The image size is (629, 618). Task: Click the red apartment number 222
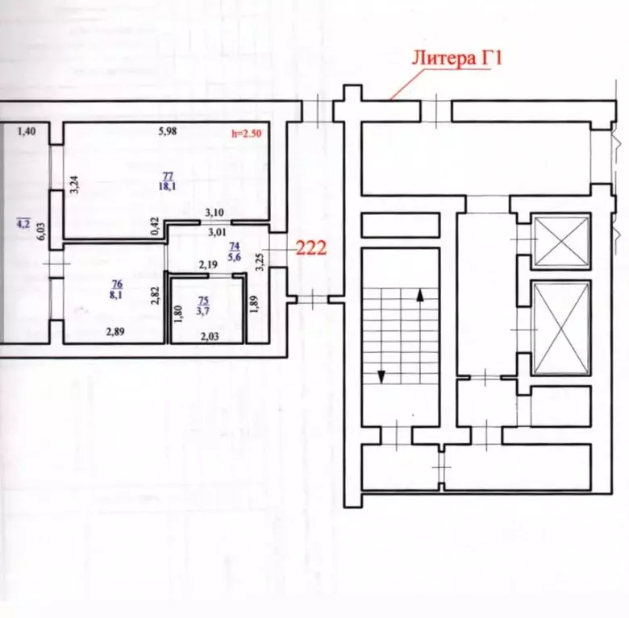tap(310, 249)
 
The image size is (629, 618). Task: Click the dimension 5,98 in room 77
tap(168, 132)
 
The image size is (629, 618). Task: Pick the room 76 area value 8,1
tap(116, 295)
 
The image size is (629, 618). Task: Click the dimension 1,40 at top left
tap(27, 131)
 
